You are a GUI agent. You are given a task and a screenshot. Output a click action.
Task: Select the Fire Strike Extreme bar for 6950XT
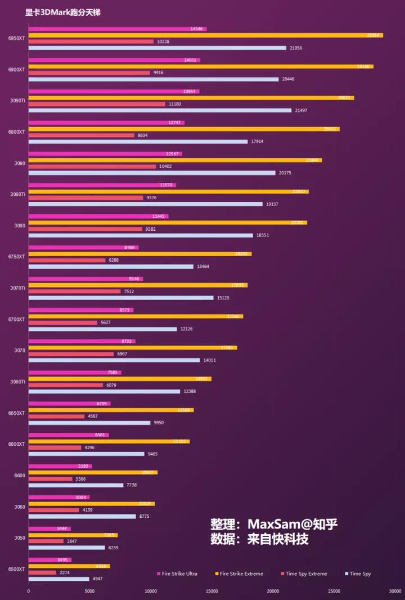(x=205, y=35)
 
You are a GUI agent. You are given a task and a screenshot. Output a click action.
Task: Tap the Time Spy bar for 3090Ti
(x=160, y=110)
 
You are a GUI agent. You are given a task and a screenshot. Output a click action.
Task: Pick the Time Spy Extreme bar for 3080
(x=85, y=229)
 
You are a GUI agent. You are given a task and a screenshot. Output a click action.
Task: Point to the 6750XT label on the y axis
(x=17, y=257)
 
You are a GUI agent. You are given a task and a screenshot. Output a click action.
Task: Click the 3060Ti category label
(x=17, y=382)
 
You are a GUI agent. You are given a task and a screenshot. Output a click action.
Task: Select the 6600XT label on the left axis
(x=17, y=444)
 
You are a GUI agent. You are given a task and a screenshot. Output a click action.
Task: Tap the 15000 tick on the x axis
(x=211, y=591)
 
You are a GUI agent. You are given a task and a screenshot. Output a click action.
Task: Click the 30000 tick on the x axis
(x=395, y=591)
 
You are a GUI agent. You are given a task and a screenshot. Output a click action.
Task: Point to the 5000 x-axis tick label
(x=89, y=591)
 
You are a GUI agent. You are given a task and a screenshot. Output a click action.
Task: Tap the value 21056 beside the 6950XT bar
(x=296, y=48)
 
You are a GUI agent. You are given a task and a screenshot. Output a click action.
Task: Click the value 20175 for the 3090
(x=285, y=173)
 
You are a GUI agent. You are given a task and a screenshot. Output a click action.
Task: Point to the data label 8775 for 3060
(x=145, y=516)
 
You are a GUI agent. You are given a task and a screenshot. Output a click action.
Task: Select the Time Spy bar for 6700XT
(x=102, y=329)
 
